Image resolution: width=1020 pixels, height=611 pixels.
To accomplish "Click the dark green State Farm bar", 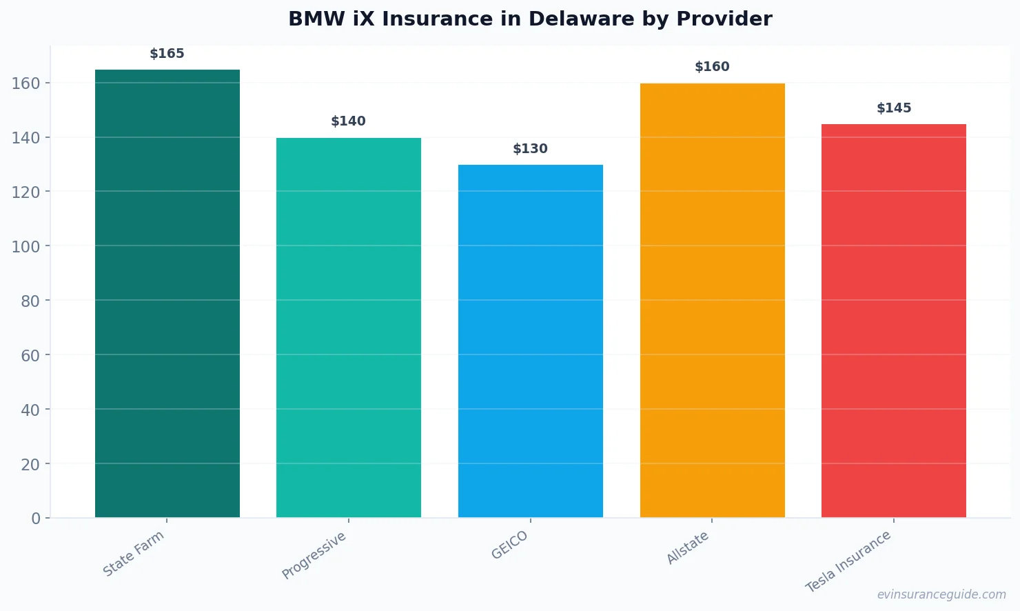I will pyautogui.click(x=167, y=293).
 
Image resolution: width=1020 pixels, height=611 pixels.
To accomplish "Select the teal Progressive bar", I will pyautogui.click(x=349, y=328).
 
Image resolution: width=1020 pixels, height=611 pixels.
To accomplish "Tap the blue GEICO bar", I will pyautogui.click(x=531, y=341).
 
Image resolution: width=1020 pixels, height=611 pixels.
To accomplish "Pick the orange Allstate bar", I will pyautogui.click(x=712, y=300).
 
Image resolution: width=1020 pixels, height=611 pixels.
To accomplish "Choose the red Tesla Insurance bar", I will pyautogui.click(x=894, y=321).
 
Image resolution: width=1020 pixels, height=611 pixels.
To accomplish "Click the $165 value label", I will pyautogui.click(x=167, y=54).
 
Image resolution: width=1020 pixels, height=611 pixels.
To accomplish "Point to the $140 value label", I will pyautogui.click(x=348, y=121).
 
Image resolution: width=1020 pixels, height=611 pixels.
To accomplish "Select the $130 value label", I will pyautogui.click(x=530, y=149).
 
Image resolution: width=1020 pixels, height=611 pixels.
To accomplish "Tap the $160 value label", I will pyautogui.click(x=712, y=67).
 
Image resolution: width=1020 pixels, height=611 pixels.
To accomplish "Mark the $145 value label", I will pyautogui.click(x=894, y=108).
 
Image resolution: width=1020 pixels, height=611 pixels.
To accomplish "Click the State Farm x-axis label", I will pyautogui.click(x=134, y=554).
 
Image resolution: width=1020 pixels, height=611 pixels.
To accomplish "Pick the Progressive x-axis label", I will pyautogui.click(x=314, y=556).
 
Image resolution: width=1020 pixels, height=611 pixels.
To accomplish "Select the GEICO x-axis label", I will pyautogui.click(x=510, y=545).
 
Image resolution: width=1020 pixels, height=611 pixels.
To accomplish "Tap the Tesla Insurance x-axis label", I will pyautogui.click(x=848, y=561).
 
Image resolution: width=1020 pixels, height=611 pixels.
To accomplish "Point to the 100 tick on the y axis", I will pyautogui.click(x=25, y=246).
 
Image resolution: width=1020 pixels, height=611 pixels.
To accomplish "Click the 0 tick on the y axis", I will pyautogui.click(x=36, y=519).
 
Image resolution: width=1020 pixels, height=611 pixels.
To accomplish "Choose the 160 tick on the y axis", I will pyautogui.click(x=25, y=83).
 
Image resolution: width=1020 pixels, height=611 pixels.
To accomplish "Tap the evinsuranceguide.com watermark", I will pyautogui.click(x=941, y=594).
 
